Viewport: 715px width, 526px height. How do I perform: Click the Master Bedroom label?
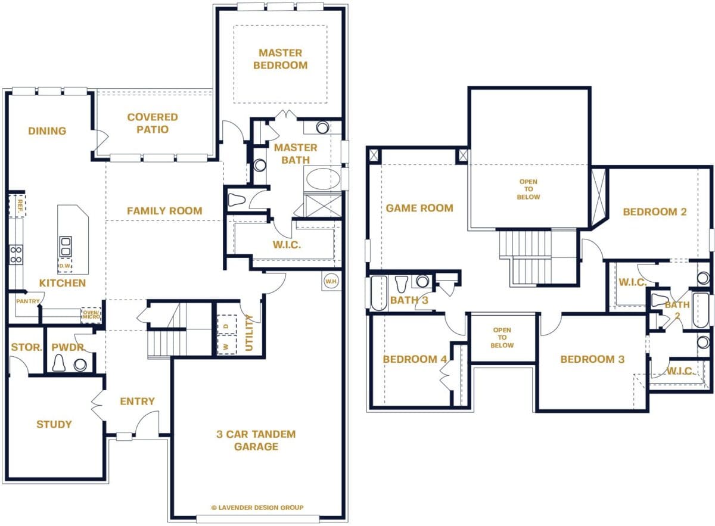coord(280,59)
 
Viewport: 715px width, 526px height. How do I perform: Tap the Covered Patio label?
coord(153,123)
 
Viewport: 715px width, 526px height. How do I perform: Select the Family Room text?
coord(164,211)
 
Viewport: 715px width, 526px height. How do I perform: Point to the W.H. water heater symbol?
coord(331,280)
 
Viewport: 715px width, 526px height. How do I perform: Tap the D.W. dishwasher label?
coord(65,266)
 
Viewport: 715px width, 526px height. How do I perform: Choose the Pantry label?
coord(27,301)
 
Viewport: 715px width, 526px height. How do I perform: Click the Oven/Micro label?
coord(91,315)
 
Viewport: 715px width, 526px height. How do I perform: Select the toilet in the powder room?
coord(60,363)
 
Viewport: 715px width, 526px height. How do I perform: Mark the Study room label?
coord(54,424)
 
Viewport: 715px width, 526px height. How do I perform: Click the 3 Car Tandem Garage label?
coord(256,440)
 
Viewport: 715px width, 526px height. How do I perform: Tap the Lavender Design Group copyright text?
coord(257,508)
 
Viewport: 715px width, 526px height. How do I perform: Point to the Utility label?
coord(250,333)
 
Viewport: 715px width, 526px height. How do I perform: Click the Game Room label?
coord(419,208)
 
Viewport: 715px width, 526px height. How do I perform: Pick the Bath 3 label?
coord(409,300)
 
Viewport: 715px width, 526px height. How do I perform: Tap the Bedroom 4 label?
coord(414,359)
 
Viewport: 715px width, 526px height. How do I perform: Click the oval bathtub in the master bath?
coord(322,179)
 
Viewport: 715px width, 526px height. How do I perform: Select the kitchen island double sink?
coord(66,245)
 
